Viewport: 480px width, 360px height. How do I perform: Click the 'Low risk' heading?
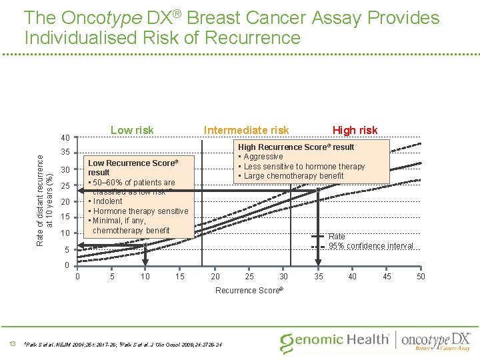131,130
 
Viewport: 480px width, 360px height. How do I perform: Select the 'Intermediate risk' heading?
246,130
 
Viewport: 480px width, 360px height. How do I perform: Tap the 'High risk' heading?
355,130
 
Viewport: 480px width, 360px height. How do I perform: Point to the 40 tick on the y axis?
65,138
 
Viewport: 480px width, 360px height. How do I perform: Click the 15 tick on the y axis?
65,217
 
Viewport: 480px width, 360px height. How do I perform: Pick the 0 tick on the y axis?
66,265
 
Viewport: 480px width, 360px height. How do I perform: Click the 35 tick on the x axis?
318,277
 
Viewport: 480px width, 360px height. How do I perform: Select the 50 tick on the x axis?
420,277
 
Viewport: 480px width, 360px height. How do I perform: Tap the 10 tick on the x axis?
145,277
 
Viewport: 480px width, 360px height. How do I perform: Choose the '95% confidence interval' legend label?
371,246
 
